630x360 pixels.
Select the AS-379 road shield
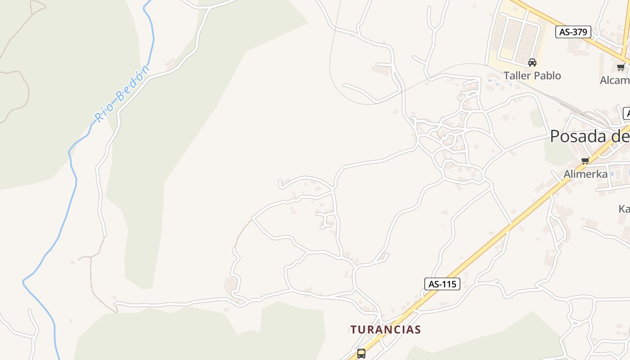tap(573, 32)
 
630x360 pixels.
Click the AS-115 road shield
tap(442, 284)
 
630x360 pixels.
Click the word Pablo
tap(547, 76)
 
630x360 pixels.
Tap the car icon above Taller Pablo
tap(532, 63)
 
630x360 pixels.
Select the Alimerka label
tap(585, 174)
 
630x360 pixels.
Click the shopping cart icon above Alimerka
tap(585, 161)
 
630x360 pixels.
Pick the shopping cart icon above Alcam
tap(621, 67)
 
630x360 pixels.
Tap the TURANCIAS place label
tap(386, 329)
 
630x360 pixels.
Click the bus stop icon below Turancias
tap(361, 353)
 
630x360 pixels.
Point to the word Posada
tap(578, 136)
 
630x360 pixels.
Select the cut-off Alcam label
tap(615, 80)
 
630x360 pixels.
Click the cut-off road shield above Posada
tap(626, 113)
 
